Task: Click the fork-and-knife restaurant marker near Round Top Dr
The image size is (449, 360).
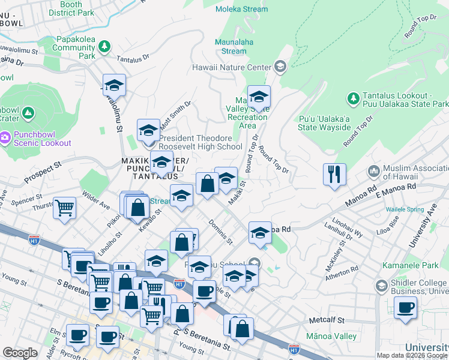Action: [334, 175]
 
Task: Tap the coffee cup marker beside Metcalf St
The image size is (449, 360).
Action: [406, 308]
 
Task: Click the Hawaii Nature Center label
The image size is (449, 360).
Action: [232, 67]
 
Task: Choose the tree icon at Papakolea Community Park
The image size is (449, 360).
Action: [104, 46]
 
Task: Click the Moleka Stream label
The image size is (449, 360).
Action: [243, 9]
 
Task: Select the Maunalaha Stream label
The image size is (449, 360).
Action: [234, 47]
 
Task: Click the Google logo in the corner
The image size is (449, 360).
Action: [20, 353]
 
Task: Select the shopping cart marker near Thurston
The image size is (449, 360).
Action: [64, 208]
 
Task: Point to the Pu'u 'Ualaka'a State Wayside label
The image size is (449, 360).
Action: [324, 122]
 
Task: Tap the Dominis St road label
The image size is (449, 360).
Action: [220, 233]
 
